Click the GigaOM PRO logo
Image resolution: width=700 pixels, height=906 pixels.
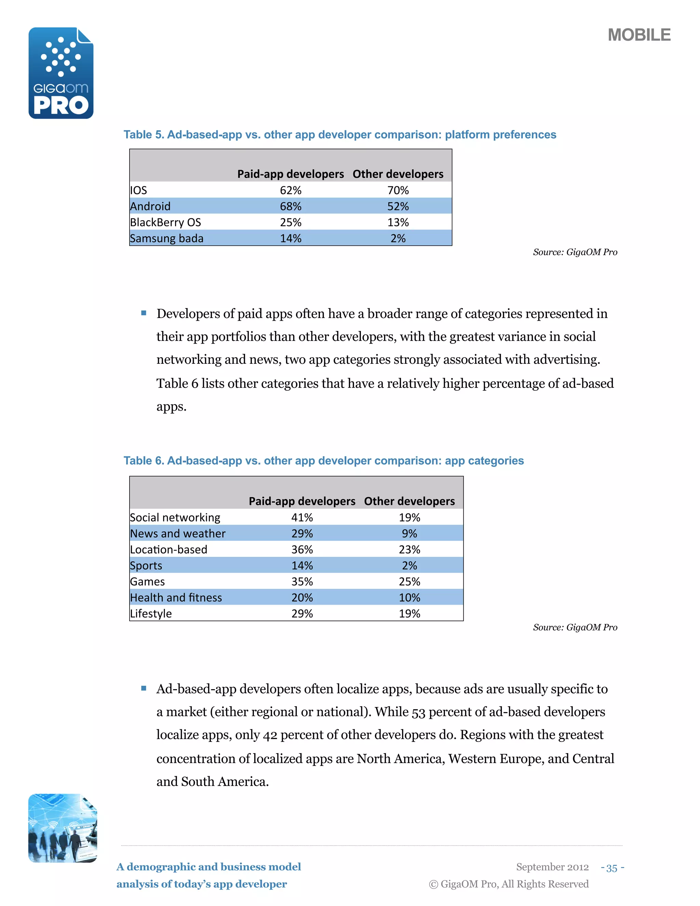(x=61, y=73)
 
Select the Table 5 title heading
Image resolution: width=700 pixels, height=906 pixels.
(x=340, y=135)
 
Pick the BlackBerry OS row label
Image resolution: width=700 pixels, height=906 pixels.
(x=165, y=222)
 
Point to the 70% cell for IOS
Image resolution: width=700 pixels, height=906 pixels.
(x=398, y=190)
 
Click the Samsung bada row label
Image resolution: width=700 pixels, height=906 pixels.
(x=167, y=239)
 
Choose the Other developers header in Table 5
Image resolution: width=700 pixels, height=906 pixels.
(x=398, y=174)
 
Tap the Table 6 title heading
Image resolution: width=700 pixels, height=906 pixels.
(x=323, y=461)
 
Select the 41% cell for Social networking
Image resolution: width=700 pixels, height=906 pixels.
(x=302, y=518)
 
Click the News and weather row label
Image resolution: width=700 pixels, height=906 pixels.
(x=177, y=533)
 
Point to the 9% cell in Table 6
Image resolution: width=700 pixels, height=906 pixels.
(x=409, y=533)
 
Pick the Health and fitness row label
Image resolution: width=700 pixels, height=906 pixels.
(x=176, y=598)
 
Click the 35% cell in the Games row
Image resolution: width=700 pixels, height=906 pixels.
(x=302, y=582)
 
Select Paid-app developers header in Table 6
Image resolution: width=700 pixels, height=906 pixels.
(x=302, y=502)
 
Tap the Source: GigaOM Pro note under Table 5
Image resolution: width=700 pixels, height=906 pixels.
(x=575, y=252)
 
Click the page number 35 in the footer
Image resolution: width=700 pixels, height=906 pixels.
(x=612, y=868)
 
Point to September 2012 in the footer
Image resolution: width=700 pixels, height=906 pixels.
(x=552, y=867)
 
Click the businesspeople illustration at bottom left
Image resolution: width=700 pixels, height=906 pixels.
(x=63, y=828)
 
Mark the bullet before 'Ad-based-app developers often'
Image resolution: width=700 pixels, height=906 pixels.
(x=144, y=689)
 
